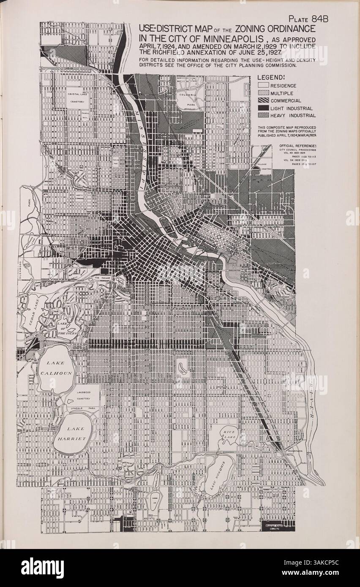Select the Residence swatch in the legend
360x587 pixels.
263,86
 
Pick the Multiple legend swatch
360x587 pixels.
263,93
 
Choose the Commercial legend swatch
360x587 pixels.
263,101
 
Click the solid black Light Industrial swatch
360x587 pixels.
263,108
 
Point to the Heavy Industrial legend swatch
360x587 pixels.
263,115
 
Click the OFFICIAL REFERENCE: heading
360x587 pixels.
297,146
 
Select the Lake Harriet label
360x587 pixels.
72,434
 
